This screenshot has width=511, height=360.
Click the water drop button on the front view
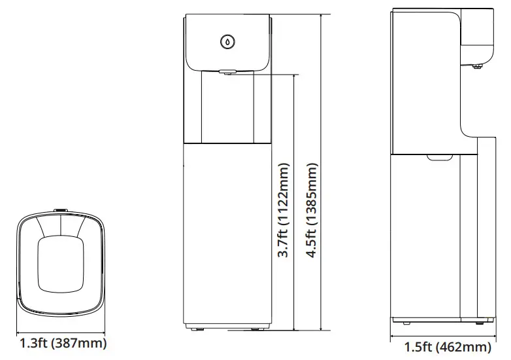click(227, 41)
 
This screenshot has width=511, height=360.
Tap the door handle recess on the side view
click(440, 157)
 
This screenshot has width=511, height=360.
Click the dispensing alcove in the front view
click(227, 108)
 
